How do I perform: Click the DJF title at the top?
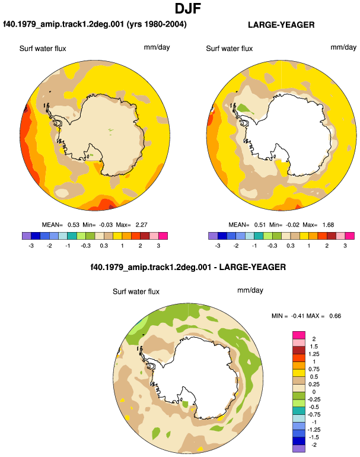[188, 8]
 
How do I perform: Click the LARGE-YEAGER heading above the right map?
[281, 25]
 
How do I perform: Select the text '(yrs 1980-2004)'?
[157, 24]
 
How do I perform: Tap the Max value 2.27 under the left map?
[141, 225]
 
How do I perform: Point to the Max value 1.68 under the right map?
[328, 225]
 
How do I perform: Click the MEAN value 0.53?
[74, 225]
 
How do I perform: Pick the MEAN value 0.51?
[260, 225]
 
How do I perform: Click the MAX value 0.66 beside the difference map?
[335, 316]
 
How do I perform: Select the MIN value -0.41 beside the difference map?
[297, 316]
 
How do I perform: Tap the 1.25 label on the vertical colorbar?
[314, 354]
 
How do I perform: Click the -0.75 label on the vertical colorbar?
[314, 414]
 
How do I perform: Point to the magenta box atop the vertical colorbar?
[299, 335]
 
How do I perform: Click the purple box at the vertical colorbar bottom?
[299, 449]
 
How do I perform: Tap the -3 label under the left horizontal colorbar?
[31, 246]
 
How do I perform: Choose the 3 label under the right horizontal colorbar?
[345, 246]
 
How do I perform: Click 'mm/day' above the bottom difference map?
[250, 290]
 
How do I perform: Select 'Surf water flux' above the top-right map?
[229, 49]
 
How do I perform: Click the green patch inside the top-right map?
[244, 109]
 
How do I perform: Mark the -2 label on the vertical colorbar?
[314, 445]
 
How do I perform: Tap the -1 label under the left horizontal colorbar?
[68, 246]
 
